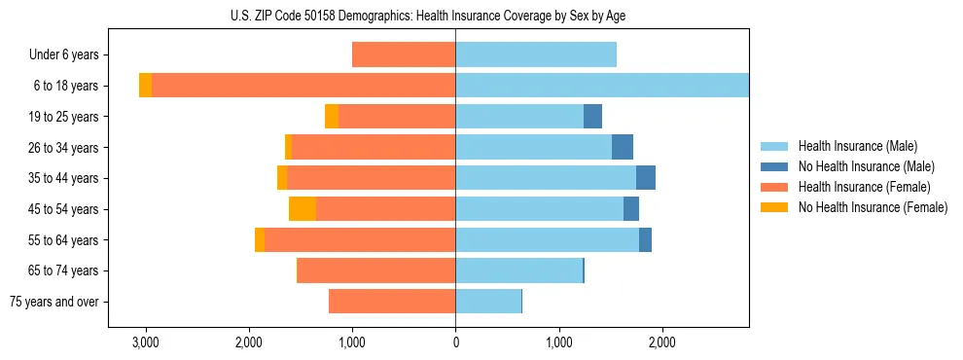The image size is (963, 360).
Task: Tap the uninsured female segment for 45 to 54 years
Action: [x=303, y=209]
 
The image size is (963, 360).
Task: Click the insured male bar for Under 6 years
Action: [x=536, y=55]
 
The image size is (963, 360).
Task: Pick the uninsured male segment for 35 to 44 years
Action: [x=646, y=178]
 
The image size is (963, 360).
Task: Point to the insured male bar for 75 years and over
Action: [x=488, y=302]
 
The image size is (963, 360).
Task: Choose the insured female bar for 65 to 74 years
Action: [x=376, y=270]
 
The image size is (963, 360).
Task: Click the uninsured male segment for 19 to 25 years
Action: [x=592, y=117]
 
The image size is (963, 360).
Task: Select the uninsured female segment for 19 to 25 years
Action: [x=332, y=117]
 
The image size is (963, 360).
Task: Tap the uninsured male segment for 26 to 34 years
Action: [x=623, y=147]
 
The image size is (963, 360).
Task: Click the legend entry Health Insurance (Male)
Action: [x=857, y=146]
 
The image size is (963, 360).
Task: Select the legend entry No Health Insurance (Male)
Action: [x=866, y=166]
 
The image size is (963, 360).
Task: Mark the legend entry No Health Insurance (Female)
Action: [x=873, y=207]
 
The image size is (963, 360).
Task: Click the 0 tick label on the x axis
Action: [x=455, y=342]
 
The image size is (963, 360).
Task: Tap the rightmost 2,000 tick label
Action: [x=661, y=342]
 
